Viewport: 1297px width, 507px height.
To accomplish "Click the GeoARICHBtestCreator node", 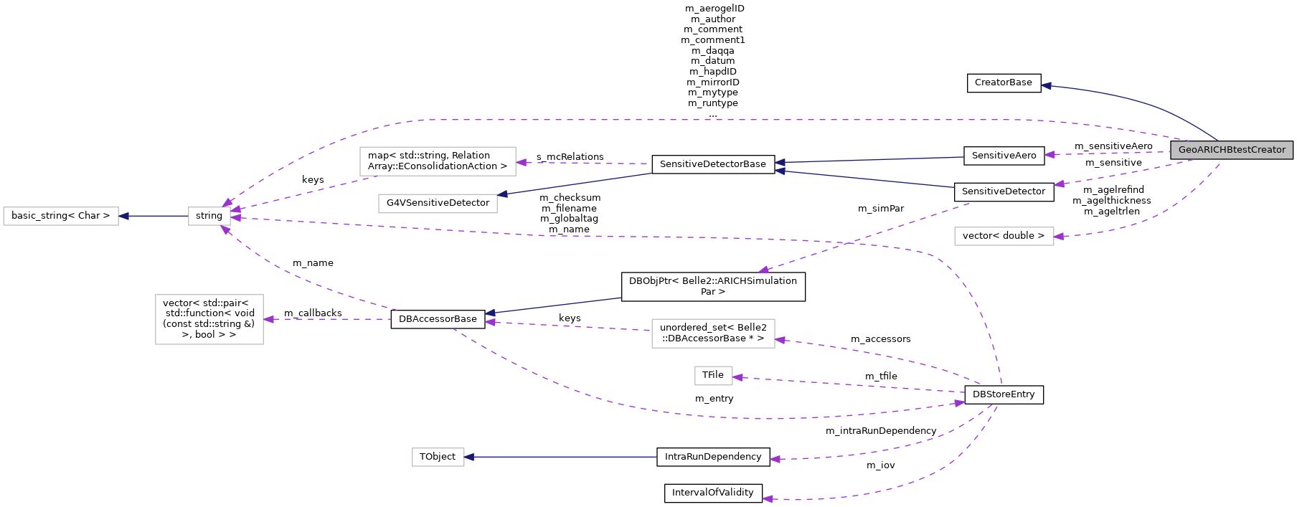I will click(x=1231, y=150).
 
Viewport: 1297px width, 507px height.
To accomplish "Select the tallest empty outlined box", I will click(x=209, y=319).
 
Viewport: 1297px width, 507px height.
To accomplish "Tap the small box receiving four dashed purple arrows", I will click(x=209, y=216).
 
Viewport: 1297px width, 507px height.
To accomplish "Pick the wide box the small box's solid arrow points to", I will click(x=61, y=216).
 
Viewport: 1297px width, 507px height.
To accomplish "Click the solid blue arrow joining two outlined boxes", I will click(x=154, y=216).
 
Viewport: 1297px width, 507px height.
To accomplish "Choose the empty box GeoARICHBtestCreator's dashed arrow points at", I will click(x=1004, y=236).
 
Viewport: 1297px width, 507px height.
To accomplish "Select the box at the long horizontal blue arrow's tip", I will click(x=438, y=457).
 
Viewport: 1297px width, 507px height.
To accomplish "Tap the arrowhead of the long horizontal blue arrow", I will click(x=470, y=457).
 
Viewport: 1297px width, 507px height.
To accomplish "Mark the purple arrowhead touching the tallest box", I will click(x=269, y=319).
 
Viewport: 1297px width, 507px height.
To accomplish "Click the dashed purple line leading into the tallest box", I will click(x=330, y=319).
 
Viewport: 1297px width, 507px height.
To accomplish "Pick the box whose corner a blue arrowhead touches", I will click(x=438, y=204).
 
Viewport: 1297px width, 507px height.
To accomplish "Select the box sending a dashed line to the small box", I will click(x=438, y=161).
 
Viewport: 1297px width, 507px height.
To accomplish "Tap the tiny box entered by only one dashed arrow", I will click(x=713, y=376).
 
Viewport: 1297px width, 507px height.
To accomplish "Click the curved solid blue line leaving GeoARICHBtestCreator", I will click(x=1155, y=105).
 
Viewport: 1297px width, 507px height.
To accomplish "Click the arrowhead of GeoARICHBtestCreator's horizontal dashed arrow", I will click(x=1050, y=154).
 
